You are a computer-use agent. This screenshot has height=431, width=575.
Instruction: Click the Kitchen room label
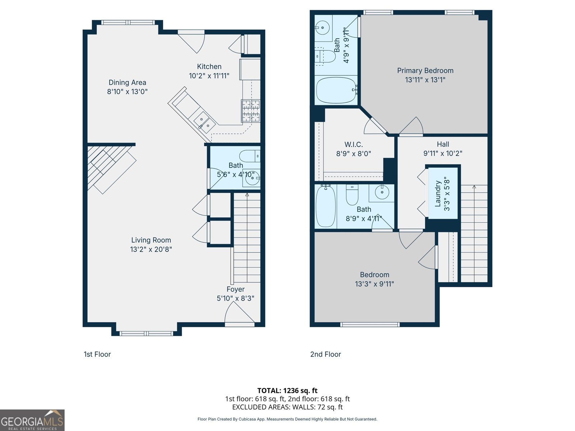click(209, 66)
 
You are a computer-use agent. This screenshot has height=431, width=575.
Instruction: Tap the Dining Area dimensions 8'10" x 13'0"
click(127, 92)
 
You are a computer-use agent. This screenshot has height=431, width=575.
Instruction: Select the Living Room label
click(151, 240)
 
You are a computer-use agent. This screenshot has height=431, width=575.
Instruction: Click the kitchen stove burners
click(251, 111)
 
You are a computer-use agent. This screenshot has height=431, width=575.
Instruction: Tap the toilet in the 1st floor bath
click(249, 156)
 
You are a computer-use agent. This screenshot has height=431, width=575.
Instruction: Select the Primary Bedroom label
click(425, 71)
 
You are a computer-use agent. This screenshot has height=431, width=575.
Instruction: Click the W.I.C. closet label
click(354, 144)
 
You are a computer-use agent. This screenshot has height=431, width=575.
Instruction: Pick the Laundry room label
click(438, 194)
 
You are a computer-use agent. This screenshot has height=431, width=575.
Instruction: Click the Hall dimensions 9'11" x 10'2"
click(443, 153)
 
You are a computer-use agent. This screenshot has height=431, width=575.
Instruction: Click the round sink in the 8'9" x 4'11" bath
click(382, 192)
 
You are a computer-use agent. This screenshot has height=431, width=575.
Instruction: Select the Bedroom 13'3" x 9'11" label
click(374, 275)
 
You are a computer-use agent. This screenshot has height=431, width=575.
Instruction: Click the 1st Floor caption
click(97, 354)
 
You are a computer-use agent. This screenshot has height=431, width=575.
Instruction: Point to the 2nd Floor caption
click(326, 354)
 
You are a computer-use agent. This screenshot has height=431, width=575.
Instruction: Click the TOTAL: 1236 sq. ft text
click(287, 390)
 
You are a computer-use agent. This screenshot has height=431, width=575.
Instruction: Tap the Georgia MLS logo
click(32, 420)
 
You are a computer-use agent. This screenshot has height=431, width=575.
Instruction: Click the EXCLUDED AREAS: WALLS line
click(287, 407)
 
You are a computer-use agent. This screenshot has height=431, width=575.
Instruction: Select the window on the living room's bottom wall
click(146, 334)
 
